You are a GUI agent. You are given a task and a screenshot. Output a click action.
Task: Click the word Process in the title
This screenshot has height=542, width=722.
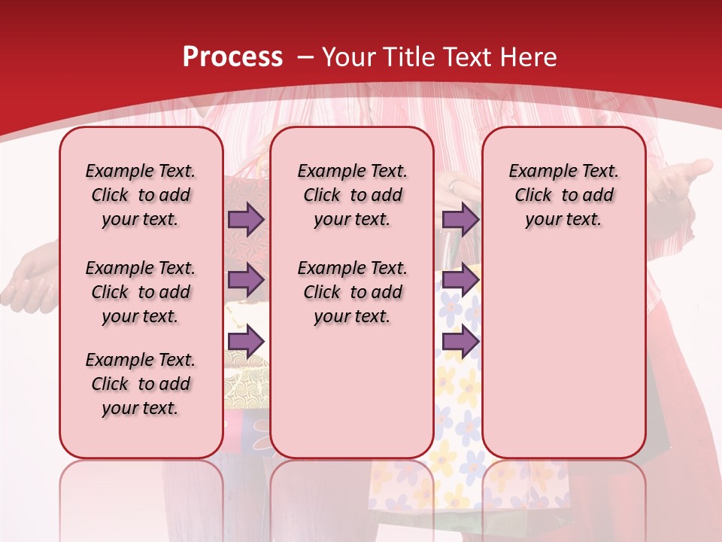[x=232, y=57]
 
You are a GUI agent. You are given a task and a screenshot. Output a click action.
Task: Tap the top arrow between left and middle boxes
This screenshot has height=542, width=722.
[x=246, y=219]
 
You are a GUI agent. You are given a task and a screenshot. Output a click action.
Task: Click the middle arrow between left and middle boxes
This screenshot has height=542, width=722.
[x=246, y=280]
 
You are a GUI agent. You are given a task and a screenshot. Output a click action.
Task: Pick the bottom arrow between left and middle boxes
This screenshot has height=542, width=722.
[x=246, y=341]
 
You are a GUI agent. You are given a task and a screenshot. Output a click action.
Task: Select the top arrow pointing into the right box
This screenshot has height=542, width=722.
[x=460, y=219]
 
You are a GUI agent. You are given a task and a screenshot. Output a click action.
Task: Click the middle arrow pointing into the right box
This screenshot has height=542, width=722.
[x=460, y=280]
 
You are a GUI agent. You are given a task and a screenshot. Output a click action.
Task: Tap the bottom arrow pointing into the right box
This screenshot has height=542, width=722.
[x=460, y=341]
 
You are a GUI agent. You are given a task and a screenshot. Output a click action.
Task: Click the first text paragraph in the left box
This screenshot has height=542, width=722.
[x=141, y=195]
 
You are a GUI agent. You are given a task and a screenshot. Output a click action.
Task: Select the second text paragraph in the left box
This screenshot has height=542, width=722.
[x=141, y=292]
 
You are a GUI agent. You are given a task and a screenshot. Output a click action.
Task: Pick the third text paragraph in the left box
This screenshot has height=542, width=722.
[x=141, y=384]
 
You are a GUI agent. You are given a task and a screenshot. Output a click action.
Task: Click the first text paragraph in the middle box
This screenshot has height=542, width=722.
[x=352, y=195]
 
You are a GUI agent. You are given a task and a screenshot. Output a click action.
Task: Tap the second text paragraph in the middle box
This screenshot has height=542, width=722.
[x=352, y=292]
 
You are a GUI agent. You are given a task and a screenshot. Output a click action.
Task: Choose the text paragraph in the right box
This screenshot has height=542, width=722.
[x=563, y=195]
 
